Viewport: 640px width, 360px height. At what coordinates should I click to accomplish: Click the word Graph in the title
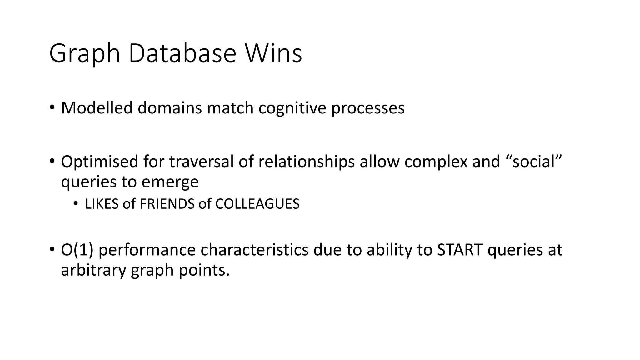click(x=84, y=54)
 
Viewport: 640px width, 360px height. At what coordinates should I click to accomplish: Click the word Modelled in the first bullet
click(x=97, y=108)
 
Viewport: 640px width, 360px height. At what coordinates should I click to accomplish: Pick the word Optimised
click(x=99, y=162)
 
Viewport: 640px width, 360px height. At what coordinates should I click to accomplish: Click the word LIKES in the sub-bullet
click(x=102, y=204)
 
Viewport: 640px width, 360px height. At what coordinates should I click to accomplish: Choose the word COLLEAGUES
click(x=257, y=204)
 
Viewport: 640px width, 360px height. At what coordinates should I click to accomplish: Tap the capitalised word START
click(x=459, y=250)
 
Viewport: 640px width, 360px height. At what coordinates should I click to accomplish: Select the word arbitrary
click(x=93, y=270)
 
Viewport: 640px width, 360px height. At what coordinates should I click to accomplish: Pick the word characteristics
click(x=254, y=250)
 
